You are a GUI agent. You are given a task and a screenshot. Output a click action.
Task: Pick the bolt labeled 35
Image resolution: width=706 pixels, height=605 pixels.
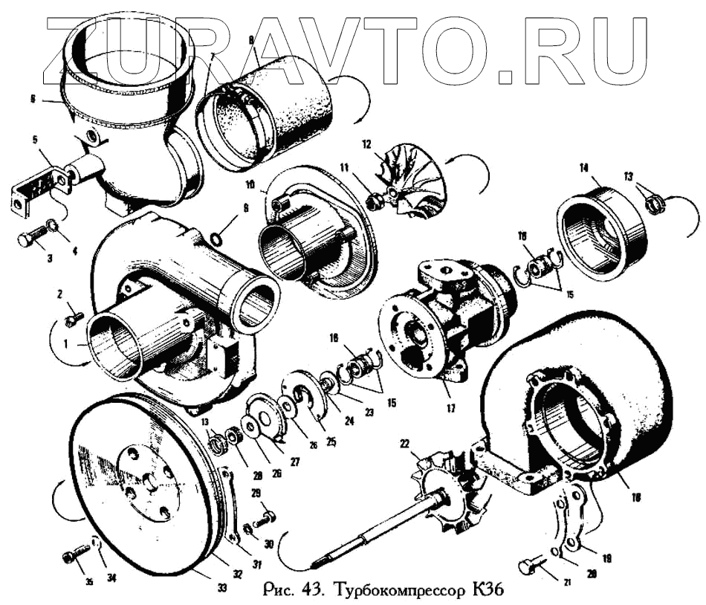(x=75, y=554)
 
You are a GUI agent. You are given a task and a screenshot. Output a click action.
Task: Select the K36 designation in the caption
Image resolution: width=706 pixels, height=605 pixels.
(x=488, y=592)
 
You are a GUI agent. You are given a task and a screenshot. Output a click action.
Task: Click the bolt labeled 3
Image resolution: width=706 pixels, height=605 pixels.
(x=28, y=239)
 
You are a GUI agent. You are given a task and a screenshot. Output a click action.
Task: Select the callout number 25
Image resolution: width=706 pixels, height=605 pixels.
(x=331, y=441)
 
